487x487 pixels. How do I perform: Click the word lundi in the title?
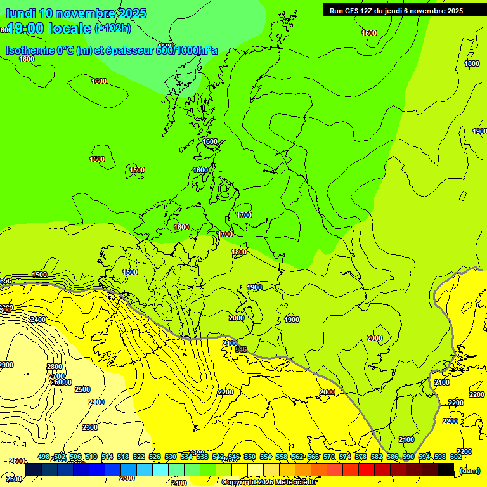(x=20, y=13)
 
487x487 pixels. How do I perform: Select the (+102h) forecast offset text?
(x=113, y=29)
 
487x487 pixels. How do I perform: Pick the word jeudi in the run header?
(x=391, y=11)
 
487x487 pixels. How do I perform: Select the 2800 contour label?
(x=55, y=367)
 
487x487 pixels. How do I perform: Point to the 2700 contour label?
(x=56, y=375)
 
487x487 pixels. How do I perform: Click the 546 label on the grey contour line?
(x=241, y=349)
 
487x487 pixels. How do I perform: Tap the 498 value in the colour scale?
(x=44, y=457)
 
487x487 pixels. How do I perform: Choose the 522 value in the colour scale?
(x=139, y=457)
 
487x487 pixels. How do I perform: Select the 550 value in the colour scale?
(x=250, y=457)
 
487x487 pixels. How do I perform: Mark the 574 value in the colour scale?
(x=345, y=457)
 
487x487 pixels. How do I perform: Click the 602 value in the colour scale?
(x=456, y=457)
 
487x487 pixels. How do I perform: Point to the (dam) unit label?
(x=470, y=470)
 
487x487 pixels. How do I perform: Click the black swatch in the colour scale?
(x=446, y=470)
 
